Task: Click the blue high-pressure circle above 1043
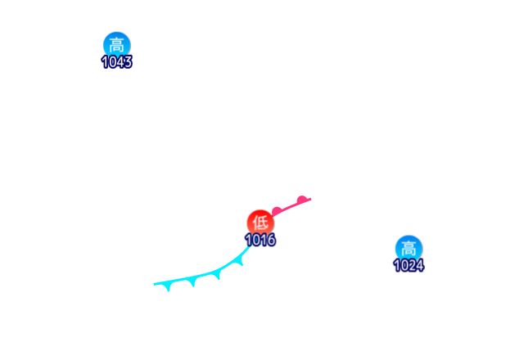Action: tap(116, 45)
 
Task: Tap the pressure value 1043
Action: tap(116, 62)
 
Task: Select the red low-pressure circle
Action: tap(260, 223)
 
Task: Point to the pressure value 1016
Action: tap(260, 241)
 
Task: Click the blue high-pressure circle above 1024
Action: tap(408, 248)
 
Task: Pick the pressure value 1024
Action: tap(408, 265)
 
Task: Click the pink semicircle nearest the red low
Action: tap(277, 211)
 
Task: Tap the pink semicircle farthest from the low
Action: tap(302, 198)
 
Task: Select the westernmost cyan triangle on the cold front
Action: tap(168, 286)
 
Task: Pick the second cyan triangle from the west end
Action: tap(192, 282)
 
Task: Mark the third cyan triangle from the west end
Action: tap(217, 276)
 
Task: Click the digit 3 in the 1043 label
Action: tap(128, 62)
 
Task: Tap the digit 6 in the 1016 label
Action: tap(271, 241)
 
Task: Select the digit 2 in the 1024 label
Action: tap(412, 265)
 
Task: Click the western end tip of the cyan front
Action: tap(155, 284)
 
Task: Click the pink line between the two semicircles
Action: tap(290, 205)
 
